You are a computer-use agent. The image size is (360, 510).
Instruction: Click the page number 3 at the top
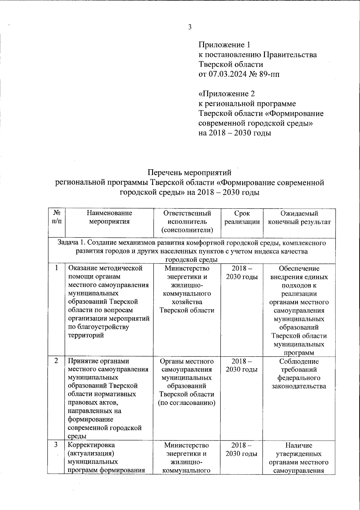point(190,27)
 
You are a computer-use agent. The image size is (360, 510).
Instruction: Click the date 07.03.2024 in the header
point(228,74)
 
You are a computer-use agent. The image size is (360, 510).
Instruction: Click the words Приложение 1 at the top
point(224,45)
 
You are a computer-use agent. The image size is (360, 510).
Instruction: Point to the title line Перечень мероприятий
point(190,173)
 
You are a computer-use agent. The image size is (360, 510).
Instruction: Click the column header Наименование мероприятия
point(109,218)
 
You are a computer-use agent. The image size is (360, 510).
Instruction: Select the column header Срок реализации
point(242,218)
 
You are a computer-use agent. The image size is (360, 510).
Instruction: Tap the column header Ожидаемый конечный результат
point(299,218)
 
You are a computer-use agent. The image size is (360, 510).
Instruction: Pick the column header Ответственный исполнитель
point(187,222)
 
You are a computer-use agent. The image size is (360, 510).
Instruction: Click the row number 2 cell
point(56,361)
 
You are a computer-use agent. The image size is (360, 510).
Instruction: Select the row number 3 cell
point(56,445)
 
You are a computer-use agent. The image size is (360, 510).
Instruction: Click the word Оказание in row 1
point(82,268)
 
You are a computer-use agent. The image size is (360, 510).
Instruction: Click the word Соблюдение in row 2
point(299,361)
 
